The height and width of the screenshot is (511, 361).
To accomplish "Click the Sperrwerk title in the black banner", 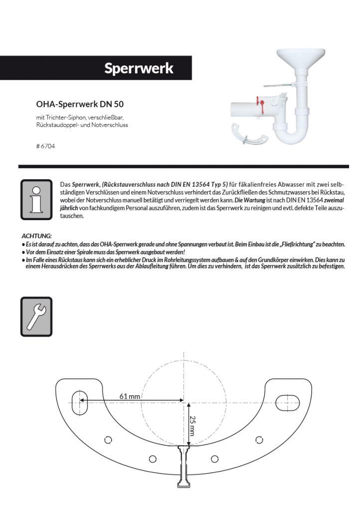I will point(139,68).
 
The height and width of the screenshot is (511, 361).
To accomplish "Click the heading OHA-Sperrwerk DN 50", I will point(79,104).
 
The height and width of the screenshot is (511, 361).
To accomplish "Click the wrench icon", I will point(36,316).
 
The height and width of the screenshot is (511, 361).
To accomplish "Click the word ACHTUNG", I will point(36,235).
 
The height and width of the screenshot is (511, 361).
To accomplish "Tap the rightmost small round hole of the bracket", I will point(258,439).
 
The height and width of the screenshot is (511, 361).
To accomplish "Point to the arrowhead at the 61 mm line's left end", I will point(84,400).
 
